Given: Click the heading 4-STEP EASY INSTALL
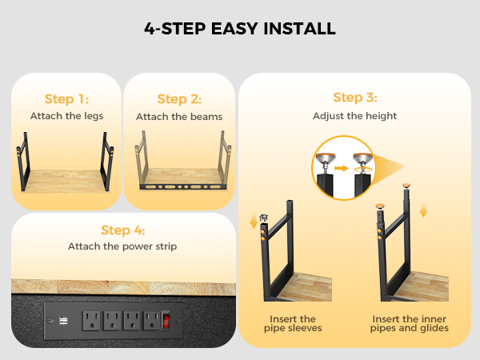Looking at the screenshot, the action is [x=240, y=29].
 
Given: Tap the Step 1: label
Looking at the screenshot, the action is [x=66, y=99].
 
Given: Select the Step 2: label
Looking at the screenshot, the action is [x=179, y=99].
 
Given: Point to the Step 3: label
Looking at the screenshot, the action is [x=354, y=98].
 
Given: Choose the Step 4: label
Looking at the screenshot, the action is [x=122, y=230].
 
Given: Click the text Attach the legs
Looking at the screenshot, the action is [x=66, y=116].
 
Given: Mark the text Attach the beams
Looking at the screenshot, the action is [x=179, y=117].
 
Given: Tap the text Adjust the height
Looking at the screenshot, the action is [x=354, y=116].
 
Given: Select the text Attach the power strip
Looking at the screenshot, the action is [x=122, y=246].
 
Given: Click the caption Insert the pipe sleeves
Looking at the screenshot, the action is [x=293, y=323].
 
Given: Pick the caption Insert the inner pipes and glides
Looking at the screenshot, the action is [x=410, y=323].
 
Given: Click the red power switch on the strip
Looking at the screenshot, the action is [x=166, y=320].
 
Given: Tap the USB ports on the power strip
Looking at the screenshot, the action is [x=63, y=321].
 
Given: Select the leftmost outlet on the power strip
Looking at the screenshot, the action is [x=91, y=321].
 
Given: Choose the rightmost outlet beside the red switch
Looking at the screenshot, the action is [x=153, y=321].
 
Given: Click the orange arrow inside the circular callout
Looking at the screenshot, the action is [x=342, y=168].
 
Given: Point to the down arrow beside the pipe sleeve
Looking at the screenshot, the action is [x=254, y=221].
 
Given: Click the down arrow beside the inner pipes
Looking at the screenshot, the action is [x=423, y=210].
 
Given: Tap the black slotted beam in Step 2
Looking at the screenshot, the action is [x=182, y=186].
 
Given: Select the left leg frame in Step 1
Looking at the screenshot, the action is [x=23, y=162].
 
